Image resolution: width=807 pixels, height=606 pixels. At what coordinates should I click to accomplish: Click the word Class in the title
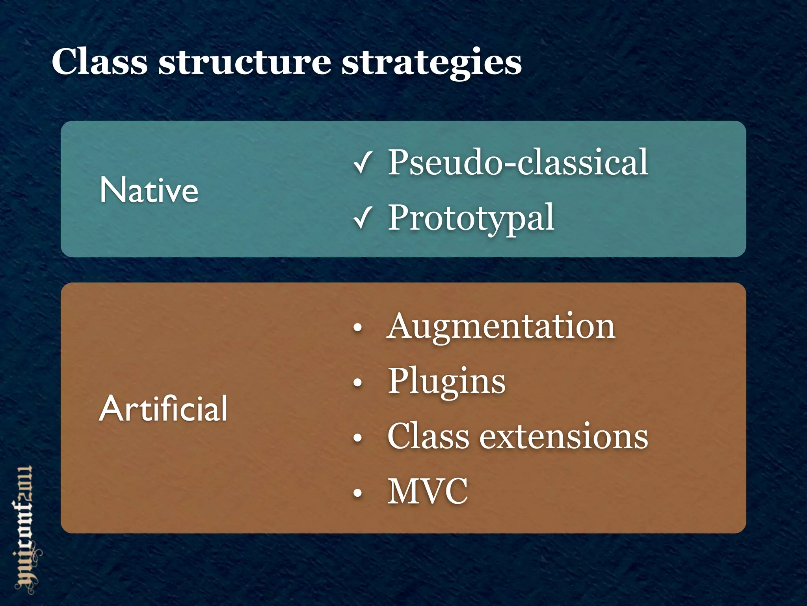[99, 62]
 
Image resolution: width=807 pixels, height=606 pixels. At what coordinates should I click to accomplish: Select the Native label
[149, 190]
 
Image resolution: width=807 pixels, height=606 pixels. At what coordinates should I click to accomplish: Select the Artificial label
[163, 409]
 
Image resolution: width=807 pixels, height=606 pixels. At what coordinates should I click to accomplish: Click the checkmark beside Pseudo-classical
[362, 163]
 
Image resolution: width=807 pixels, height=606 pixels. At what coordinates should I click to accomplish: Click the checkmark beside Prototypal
[362, 218]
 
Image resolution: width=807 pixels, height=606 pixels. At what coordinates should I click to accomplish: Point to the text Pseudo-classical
[518, 163]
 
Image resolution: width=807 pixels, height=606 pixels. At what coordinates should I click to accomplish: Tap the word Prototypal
[471, 218]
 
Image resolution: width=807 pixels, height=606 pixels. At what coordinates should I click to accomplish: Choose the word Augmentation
[500, 327]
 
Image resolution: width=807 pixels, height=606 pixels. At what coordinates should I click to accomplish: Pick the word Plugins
[446, 382]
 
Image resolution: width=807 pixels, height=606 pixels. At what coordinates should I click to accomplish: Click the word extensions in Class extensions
[563, 436]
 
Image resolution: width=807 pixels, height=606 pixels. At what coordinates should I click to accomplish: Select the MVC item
[428, 492]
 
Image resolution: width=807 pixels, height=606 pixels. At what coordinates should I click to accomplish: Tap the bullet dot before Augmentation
[357, 327]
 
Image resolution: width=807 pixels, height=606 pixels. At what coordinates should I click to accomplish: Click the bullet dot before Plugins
[357, 382]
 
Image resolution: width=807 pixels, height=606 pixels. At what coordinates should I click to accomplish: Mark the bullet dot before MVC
[357, 492]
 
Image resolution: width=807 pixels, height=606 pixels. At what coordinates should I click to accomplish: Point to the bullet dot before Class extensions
[357, 438]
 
